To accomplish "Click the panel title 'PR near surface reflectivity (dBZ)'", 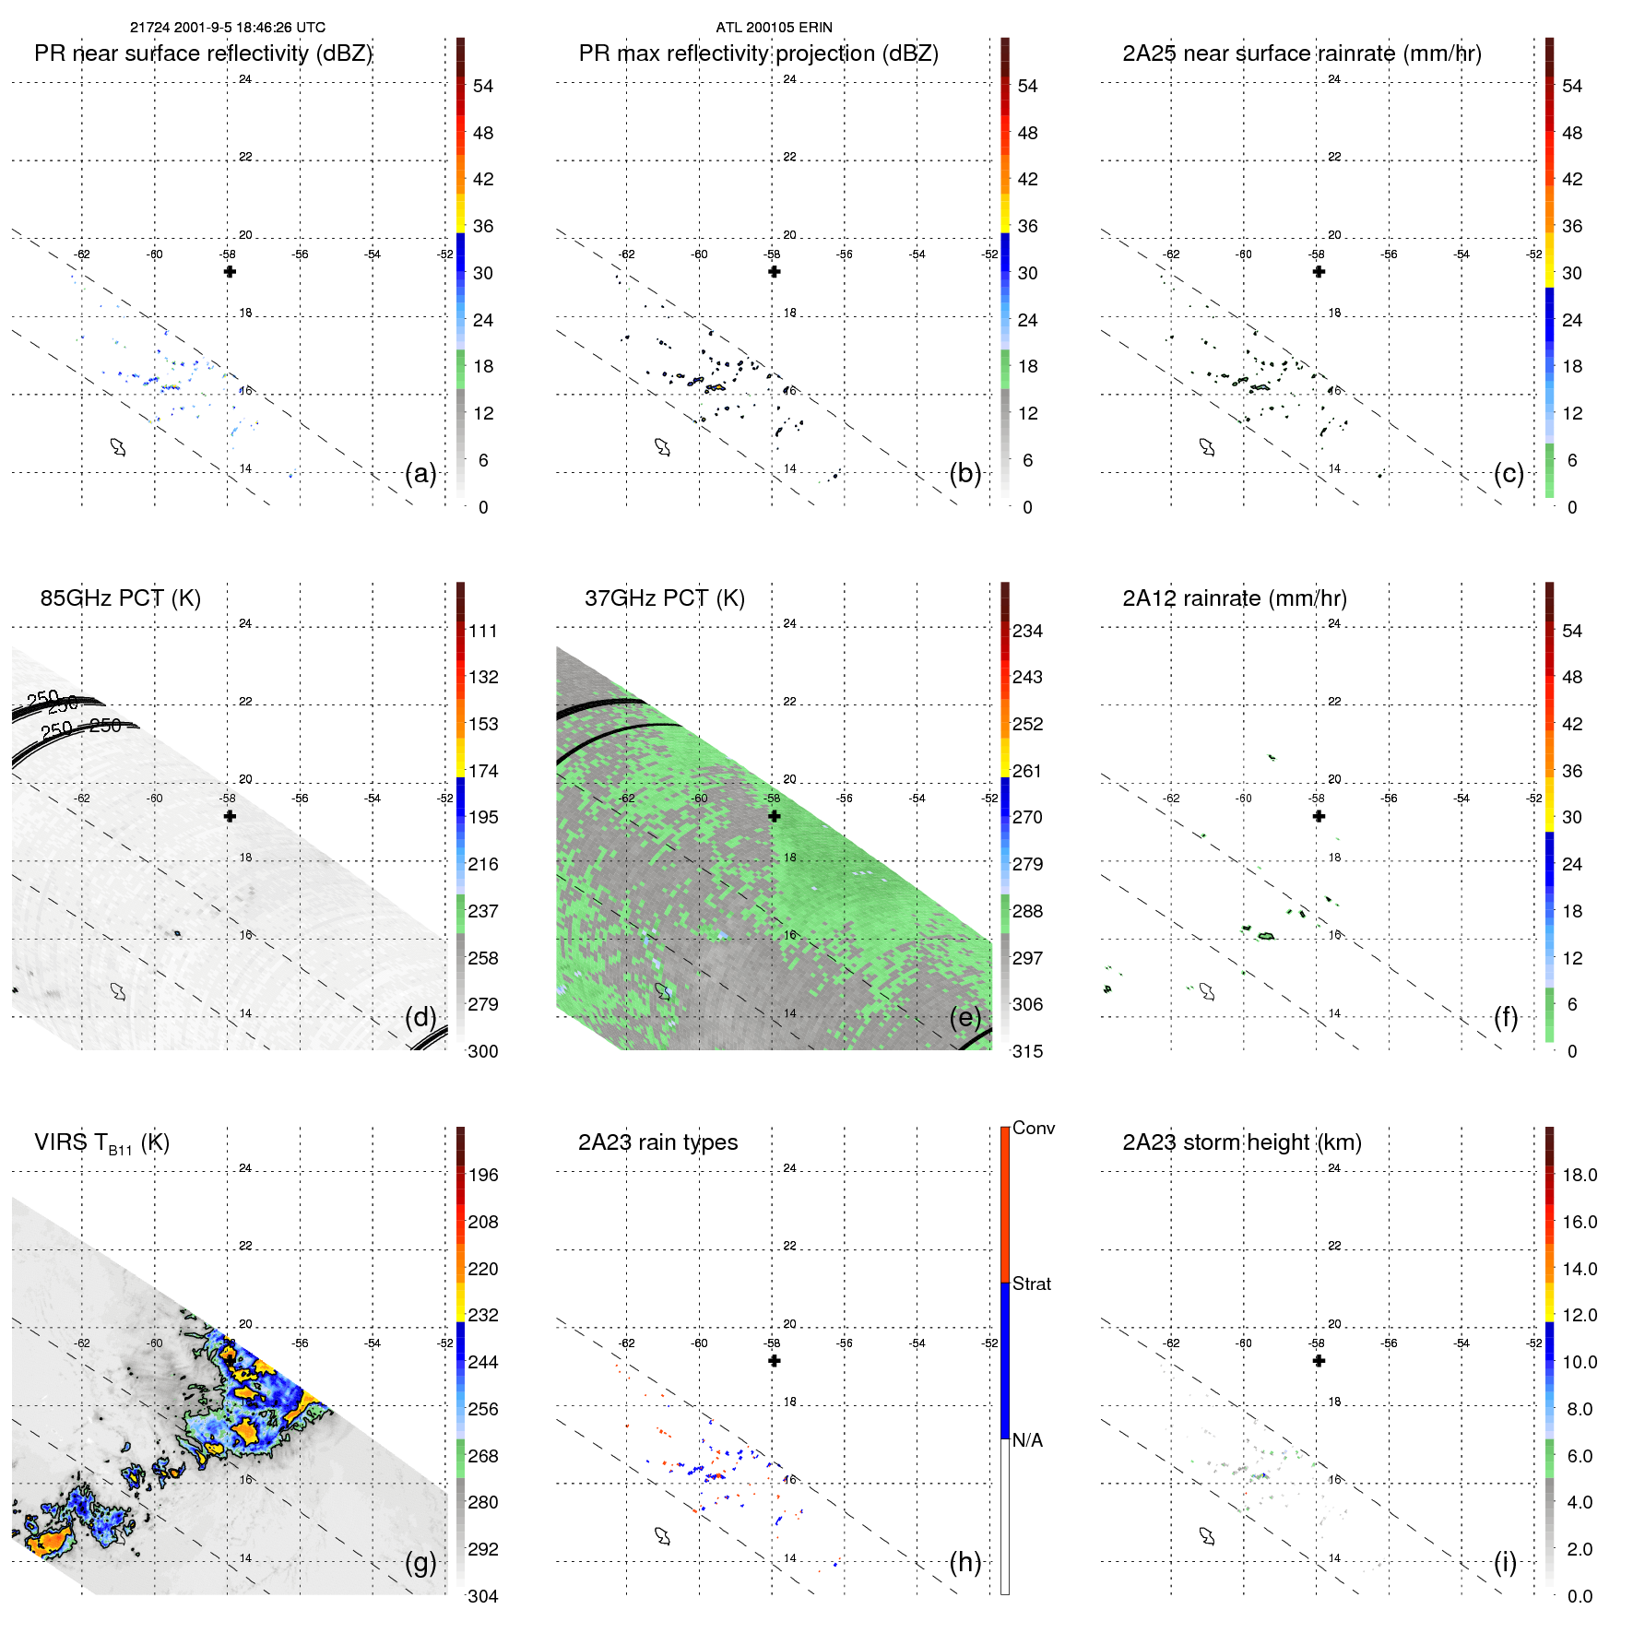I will [x=203, y=53].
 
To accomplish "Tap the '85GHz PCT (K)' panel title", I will [x=120, y=598].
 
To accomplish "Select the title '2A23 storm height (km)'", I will [x=1241, y=1142].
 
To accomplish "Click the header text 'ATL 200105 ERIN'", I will [x=774, y=28].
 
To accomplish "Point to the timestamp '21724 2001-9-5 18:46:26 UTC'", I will [x=227, y=28].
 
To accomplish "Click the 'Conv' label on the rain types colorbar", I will [x=1033, y=1128].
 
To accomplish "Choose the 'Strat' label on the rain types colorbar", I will [x=1031, y=1284].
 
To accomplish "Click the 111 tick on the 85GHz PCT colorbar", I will [x=482, y=631].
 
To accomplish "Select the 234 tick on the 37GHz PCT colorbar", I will [x=1027, y=631].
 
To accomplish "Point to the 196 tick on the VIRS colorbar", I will [x=482, y=1175].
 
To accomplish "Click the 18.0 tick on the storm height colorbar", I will [x=1579, y=1175].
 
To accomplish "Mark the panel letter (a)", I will [x=420, y=474].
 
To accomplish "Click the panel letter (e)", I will [x=964, y=1018].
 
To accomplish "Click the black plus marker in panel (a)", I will [x=230, y=272].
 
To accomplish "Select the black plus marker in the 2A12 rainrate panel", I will [x=1319, y=816].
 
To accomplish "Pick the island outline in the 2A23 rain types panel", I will [x=662, y=1536].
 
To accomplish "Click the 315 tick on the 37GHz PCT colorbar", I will [x=1027, y=1051].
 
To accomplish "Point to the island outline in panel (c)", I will [x=1207, y=447].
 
